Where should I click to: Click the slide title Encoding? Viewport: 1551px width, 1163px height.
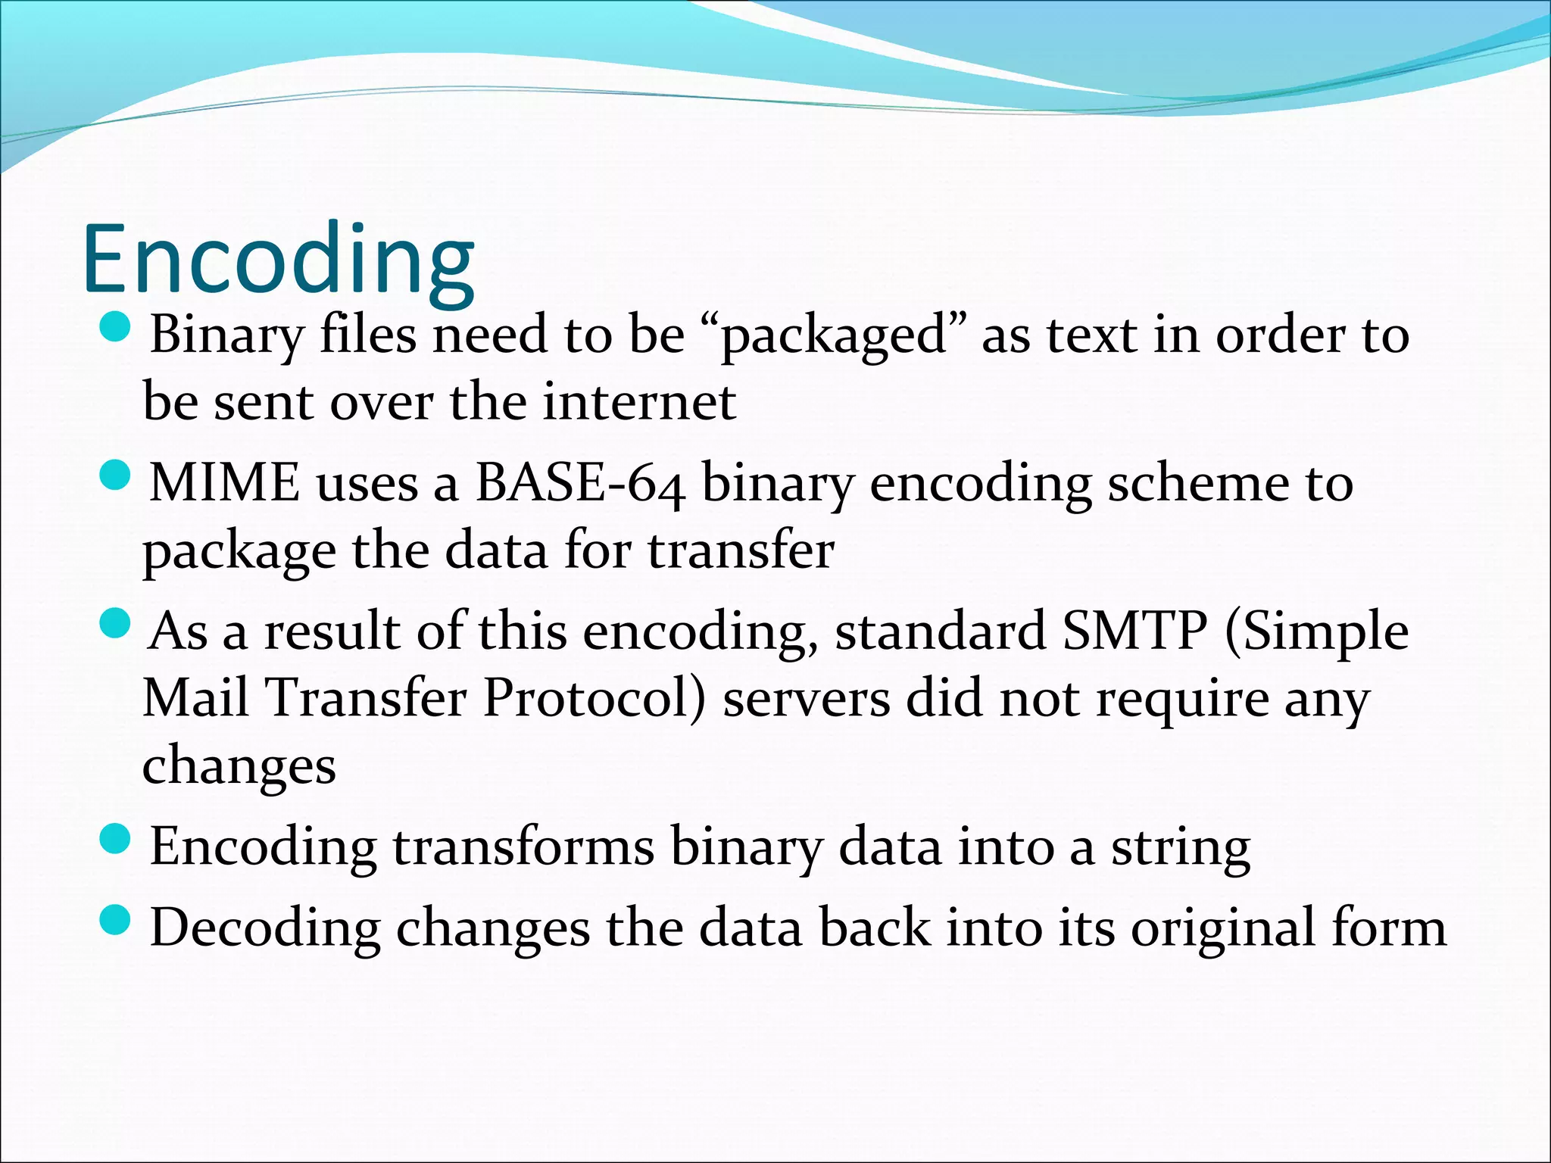(x=278, y=259)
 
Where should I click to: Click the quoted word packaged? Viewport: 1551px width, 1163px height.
(x=834, y=335)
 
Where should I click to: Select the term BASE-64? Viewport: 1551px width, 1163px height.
(x=580, y=483)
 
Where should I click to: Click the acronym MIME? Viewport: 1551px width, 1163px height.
(x=224, y=483)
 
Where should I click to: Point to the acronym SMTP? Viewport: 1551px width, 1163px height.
(x=1134, y=631)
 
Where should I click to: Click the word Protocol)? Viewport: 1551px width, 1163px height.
(x=593, y=697)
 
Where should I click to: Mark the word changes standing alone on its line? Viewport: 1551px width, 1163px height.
(x=239, y=766)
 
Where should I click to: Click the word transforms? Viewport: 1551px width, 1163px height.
(x=523, y=847)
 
